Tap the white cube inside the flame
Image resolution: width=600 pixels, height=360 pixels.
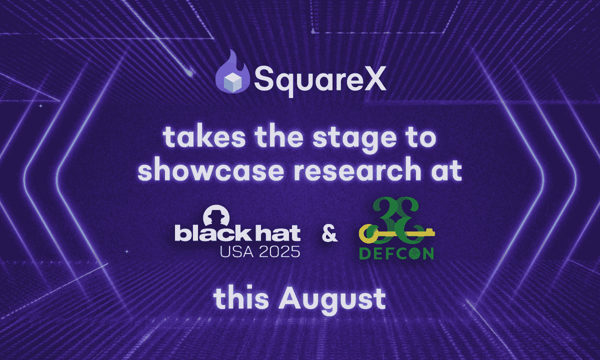(232, 81)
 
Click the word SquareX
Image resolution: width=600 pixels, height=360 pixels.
(320, 79)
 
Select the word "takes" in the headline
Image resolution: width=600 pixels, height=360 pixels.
(204, 137)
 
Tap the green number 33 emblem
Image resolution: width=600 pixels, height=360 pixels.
(396, 220)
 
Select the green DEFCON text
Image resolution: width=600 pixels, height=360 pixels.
(396, 253)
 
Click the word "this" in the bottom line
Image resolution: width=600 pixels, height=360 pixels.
(241, 298)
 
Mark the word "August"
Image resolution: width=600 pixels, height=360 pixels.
(332, 300)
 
